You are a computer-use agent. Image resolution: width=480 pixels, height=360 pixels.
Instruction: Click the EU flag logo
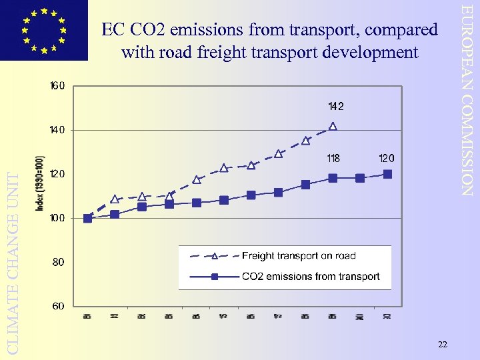(x=43, y=30)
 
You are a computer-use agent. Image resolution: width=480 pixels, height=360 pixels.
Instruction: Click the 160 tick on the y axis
(x=57, y=86)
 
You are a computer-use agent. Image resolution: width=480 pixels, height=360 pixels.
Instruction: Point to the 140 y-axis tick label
(x=57, y=130)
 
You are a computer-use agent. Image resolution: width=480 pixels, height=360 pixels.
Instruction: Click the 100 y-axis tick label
(x=57, y=218)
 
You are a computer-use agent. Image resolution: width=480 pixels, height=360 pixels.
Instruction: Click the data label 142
(x=335, y=106)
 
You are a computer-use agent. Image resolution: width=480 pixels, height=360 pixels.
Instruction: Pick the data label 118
(x=333, y=159)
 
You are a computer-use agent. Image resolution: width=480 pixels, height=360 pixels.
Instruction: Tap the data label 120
(x=387, y=159)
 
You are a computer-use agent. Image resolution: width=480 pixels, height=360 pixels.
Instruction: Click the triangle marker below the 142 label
(x=333, y=126)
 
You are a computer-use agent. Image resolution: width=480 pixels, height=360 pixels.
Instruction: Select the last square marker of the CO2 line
(x=387, y=174)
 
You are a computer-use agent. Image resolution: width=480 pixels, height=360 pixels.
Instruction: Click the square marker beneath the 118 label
(x=333, y=178)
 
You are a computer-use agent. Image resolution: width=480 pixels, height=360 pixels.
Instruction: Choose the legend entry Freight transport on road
(x=299, y=256)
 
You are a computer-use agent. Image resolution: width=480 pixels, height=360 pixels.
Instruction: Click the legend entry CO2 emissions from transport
(x=311, y=277)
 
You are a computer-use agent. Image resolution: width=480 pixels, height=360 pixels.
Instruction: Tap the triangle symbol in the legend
(x=215, y=256)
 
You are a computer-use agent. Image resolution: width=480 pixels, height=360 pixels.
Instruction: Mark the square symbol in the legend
(x=215, y=277)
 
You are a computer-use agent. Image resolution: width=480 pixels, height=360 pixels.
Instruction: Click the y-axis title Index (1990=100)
(x=40, y=183)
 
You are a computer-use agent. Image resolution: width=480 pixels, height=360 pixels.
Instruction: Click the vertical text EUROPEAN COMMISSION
(x=469, y=100)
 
